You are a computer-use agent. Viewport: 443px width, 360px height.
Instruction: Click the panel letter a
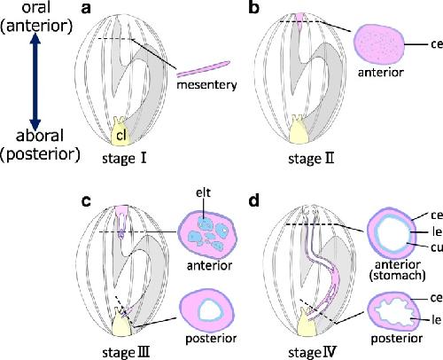pos(86,8)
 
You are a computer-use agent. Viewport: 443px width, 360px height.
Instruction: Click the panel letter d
pos(254,200)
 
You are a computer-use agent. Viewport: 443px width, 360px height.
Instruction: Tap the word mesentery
pos(206,85)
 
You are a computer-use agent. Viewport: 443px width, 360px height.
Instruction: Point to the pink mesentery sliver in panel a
pos(204,68)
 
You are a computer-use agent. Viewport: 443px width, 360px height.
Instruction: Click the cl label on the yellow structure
pos(121,136)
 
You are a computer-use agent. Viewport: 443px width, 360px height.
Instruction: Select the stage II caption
pos(311,159)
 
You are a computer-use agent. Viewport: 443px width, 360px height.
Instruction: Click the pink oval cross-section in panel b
pos(379,43)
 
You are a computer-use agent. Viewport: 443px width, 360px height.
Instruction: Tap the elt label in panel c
pos(204,192)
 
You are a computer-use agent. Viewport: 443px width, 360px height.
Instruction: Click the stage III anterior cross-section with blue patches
pos(208,231)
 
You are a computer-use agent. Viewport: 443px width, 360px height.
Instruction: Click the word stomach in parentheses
pos(398,276)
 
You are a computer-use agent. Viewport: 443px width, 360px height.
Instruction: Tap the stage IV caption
pos(312,352)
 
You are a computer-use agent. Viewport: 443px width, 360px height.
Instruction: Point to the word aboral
pos(40,136)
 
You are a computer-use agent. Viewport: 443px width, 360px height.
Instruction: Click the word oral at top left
pos(36,7)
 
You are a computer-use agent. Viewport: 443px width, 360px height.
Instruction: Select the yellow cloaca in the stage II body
pos(299,130)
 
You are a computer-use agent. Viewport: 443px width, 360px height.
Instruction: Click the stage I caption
pos(124,159)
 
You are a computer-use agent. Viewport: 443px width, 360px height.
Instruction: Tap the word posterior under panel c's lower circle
pos(211,339)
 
